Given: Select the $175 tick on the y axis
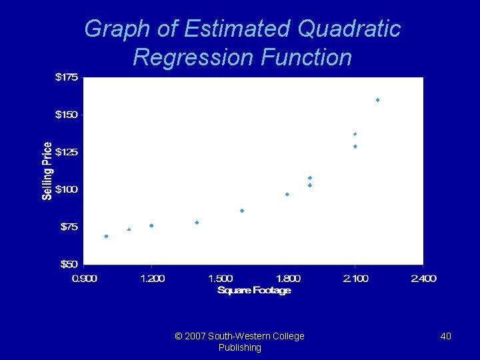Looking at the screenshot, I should (66, 77).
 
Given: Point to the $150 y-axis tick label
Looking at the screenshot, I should (66, 115).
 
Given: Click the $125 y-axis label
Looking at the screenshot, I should (66, 152).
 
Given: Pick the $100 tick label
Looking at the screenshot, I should (66, 189).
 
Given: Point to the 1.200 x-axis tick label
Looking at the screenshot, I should (152, 278).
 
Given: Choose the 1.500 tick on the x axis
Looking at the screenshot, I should (221, 278).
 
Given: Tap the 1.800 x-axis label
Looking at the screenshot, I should (288, 278).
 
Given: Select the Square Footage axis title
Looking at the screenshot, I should (254, 290).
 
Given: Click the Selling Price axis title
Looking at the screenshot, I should (47, 171).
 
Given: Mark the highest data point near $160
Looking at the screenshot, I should (377, 100).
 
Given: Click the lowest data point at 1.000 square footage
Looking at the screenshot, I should (106, 236).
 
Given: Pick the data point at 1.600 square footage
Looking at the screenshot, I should (242, 211).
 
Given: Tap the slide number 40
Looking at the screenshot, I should (445, 336).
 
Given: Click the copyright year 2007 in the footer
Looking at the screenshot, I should (194, 336).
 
